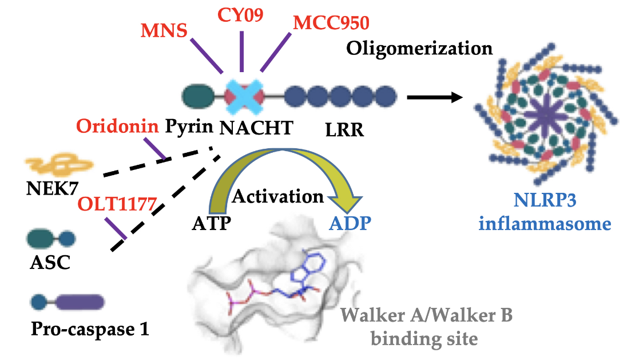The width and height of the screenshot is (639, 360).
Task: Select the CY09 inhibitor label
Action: [241, 14]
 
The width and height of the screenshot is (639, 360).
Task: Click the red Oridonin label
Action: [117, 126]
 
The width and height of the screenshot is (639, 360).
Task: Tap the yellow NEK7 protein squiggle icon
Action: [59, 167]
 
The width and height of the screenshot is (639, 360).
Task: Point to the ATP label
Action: [211, 221]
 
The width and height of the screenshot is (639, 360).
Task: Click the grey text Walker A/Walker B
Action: [423, 316]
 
